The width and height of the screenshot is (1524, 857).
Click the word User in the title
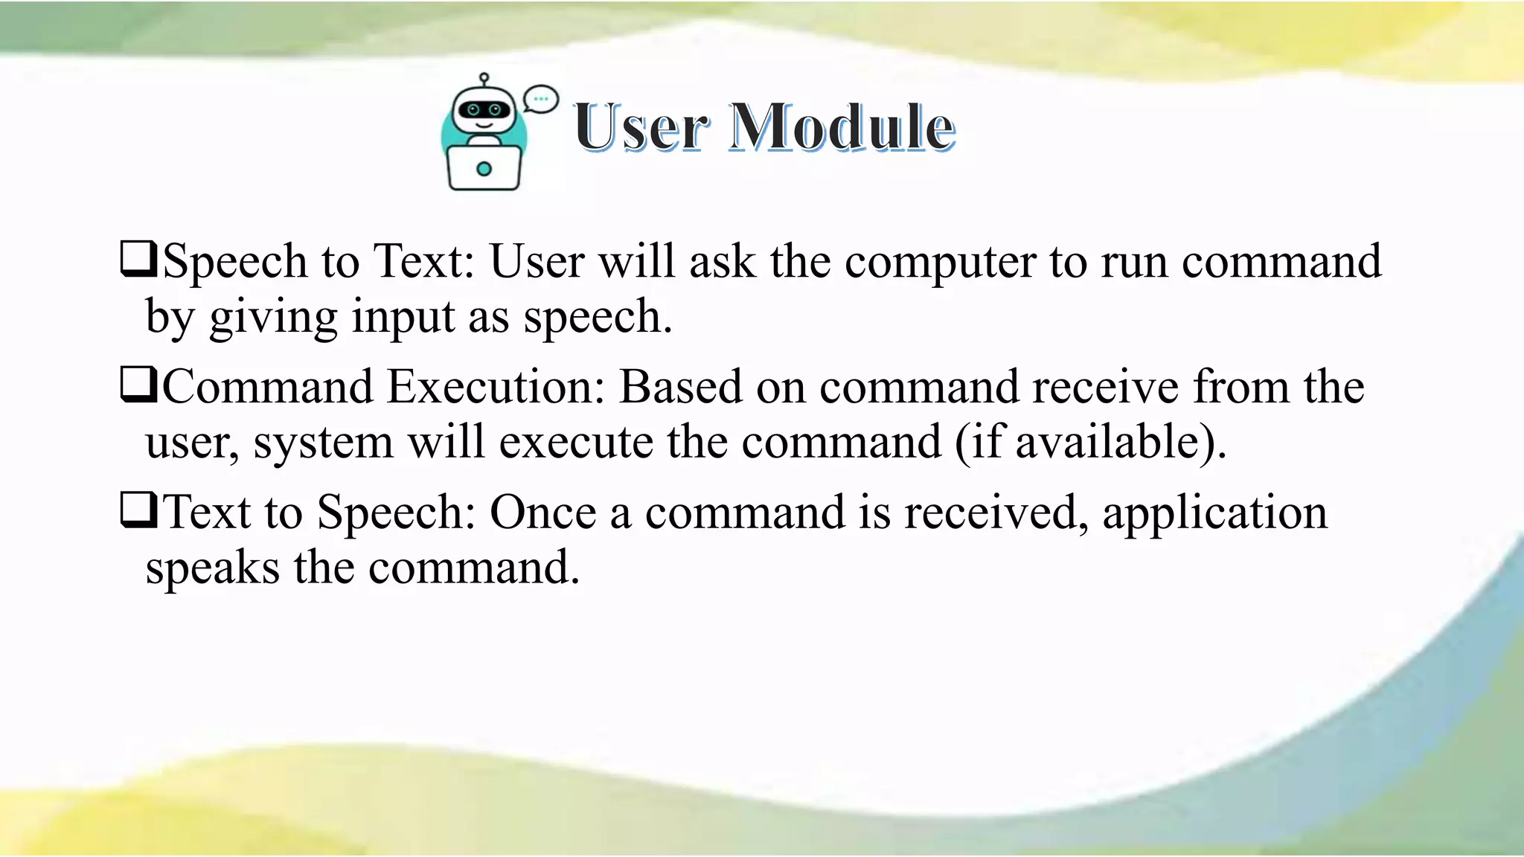[x=641, y=127]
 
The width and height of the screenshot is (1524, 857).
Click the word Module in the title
[x=842, y=127]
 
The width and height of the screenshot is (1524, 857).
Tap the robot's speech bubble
[x=540, y=99]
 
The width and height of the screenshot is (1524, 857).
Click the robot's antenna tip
[x=484, y=77]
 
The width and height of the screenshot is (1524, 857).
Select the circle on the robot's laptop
[x=484, y=169]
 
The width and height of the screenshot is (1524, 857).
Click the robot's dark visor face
[x=484, y=111]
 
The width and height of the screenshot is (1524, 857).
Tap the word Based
[x=680, y=387]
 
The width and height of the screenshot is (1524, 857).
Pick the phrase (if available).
[x=1089, y=442]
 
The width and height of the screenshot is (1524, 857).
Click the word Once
[x=542, y=513]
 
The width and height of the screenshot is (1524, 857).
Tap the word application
[x=1214, y=514]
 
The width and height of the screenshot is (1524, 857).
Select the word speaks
[x=212, y=568]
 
